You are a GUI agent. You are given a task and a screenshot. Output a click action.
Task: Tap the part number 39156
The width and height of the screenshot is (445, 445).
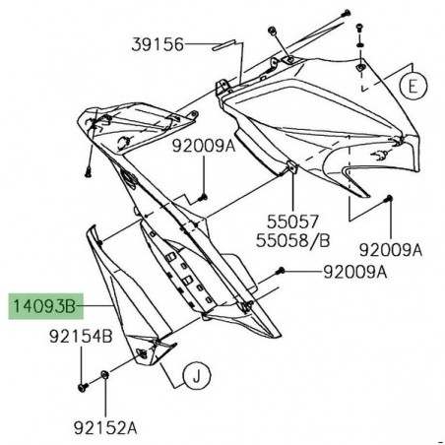(158, 44)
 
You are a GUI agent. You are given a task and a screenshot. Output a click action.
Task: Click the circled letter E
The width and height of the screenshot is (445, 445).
(414, 86)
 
